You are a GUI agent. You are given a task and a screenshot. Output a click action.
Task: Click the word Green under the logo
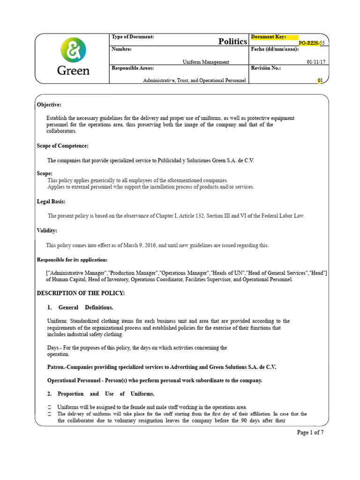tap(73, 71)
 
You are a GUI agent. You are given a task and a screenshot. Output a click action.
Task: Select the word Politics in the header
tap(232, 42)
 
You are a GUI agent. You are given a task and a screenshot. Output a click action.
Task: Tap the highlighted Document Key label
tap(268, 37)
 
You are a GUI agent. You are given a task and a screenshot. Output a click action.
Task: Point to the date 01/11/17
tap(315, 62)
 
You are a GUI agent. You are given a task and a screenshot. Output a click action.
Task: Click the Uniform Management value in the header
tap(206, 62)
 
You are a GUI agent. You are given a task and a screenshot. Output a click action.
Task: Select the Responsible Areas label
tap(132, 68)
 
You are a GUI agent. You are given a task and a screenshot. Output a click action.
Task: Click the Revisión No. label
tap(266, 68)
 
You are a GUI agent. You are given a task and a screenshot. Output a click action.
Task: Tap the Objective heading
tap(49, 105)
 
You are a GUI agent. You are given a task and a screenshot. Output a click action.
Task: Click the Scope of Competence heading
tap(62, 146)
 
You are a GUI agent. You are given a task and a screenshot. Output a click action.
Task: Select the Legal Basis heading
tap(51, 202)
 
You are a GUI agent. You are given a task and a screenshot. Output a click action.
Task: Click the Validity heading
tap(47, 231)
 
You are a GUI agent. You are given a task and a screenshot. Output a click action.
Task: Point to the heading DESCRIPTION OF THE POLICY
tap(81, 293)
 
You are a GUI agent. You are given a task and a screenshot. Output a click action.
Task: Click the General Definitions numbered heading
tap(80, 307)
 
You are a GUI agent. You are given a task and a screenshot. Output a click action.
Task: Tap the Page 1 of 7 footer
tap(310, 433)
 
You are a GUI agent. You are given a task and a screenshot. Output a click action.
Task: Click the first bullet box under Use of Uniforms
tap(49, 407)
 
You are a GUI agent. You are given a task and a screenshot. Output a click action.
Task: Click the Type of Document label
tap(133, 37)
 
